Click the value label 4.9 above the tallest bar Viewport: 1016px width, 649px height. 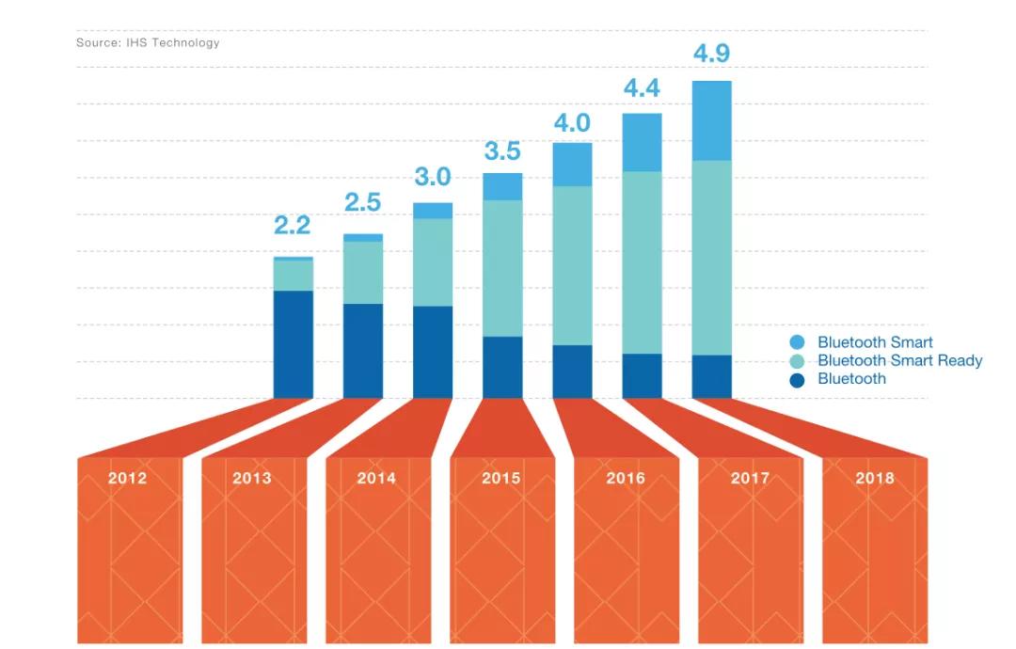coord(711,54)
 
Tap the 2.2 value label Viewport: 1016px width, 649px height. coord(293,226)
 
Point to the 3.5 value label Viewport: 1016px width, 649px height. coord(502,151)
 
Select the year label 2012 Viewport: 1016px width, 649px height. coord(127,478)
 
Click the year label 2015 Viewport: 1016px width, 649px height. coord(501,478)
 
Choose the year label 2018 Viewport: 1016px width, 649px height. coord(875,478)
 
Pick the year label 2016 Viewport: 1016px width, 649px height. coord(626,478)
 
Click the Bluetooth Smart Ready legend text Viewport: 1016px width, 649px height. coord(899,360)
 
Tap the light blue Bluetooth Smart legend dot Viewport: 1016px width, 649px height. coord(798,342)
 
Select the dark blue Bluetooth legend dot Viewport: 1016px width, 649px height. coord(798,380)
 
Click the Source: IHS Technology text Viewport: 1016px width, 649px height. coord(148,42)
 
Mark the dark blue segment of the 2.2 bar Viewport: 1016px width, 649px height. coord(293,344)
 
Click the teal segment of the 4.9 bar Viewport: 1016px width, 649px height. coord(711,258)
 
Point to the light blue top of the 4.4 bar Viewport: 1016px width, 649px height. coord(642,142)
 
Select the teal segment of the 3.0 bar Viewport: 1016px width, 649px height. coord(433,262)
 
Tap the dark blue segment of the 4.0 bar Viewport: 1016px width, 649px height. coord(572,372)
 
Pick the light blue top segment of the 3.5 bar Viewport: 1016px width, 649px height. coord(502,186)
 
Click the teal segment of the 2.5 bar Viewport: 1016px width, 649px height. coord(363,273)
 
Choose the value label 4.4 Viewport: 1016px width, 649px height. coord(642,89)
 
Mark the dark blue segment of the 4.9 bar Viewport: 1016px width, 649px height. coord(711,376)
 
